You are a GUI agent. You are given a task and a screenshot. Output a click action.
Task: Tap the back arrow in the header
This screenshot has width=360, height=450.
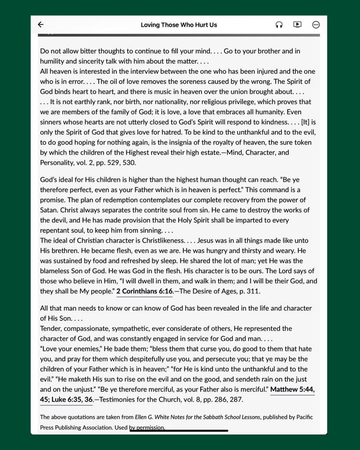(41, 25)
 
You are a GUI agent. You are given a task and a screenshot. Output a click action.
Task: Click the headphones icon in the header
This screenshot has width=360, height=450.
(279, 25)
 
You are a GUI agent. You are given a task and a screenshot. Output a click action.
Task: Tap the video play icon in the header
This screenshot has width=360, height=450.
(297, 25)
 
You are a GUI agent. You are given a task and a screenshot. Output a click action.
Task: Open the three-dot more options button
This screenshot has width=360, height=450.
(316, 25)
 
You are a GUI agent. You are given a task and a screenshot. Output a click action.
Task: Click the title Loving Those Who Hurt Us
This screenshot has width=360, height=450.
(179, 25)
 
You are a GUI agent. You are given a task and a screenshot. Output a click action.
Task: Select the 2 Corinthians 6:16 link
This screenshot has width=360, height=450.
(144, 291)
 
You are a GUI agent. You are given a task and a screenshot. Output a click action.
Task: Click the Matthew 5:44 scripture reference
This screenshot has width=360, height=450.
(292, 389)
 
